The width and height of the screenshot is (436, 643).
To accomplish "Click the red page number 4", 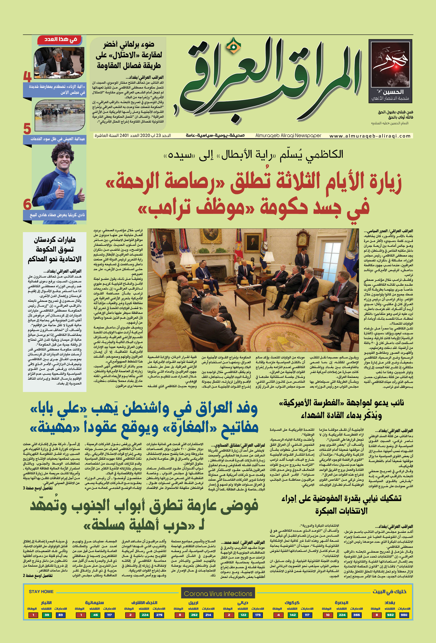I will [x=27, y=77].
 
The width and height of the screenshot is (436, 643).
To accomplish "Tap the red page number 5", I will [x=27, y=129].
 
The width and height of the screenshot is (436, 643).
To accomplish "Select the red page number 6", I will [x=27, y=205].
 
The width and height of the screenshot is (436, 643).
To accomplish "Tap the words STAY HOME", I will [x=41, y=591].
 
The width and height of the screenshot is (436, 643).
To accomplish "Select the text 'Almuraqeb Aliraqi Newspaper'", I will [x=288, y=136].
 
